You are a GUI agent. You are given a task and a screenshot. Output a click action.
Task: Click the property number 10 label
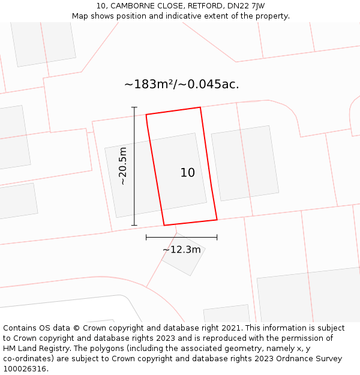188,173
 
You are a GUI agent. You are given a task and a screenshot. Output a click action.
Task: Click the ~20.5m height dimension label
123,166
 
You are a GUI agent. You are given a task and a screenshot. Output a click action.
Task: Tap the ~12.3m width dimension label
181,250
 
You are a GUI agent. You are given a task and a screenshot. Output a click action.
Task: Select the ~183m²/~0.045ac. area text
181,85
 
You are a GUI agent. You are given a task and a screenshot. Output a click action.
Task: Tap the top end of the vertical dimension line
134,107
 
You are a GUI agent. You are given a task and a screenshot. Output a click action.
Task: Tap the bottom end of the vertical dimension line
134,226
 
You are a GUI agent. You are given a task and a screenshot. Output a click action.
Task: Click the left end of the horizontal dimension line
146,238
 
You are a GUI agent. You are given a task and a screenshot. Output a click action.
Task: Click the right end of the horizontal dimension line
217,238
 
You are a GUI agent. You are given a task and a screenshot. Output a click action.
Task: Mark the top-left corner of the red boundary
146,114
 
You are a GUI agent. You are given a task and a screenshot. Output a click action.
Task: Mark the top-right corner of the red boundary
200,107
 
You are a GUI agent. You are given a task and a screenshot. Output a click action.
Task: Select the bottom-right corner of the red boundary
217,220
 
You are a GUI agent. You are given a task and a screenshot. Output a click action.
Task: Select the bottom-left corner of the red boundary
164,226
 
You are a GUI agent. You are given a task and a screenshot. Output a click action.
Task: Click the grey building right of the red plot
245,163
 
